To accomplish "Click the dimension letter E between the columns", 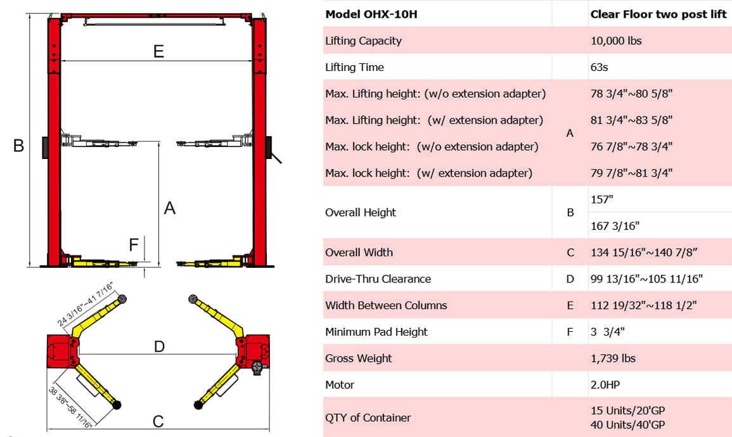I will point(158,51).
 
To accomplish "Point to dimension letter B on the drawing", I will point(18,146).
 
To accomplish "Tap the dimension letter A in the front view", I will point(169,208).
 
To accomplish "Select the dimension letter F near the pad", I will point(133,245).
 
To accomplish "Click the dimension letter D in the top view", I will point(159,346).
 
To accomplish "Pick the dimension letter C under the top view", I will point(158,421).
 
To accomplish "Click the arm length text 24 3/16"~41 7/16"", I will point(85,304).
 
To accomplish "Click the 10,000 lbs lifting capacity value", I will point(615,41).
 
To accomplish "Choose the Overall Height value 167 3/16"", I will point(615,225).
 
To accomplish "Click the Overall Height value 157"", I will point(602,199).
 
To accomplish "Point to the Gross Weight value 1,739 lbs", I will point(613,358).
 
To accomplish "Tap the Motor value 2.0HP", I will point(606,385).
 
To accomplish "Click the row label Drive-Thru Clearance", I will point(378,279).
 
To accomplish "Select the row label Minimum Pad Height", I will point(376,332).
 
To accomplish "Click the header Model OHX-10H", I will point(371,14).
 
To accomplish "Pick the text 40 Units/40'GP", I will point(627,425).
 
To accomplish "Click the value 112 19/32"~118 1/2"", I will point(643,305).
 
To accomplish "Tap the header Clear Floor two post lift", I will point(658,14).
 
